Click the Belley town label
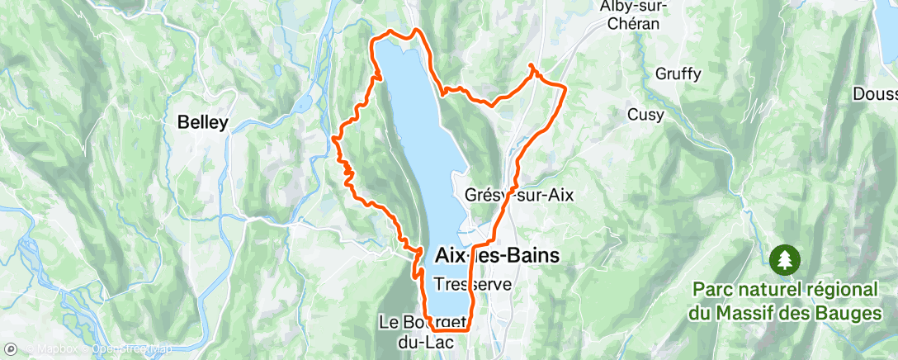(203, 122)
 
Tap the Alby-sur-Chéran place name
(632, 15)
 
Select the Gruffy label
(678, 74)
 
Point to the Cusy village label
(645, 115)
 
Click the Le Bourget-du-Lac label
(424, 329)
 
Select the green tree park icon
(781, 261)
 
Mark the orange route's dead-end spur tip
(530, 65)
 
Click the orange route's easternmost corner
(565, 86)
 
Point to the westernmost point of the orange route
(333, 138)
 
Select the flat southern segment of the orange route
(450, 329)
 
